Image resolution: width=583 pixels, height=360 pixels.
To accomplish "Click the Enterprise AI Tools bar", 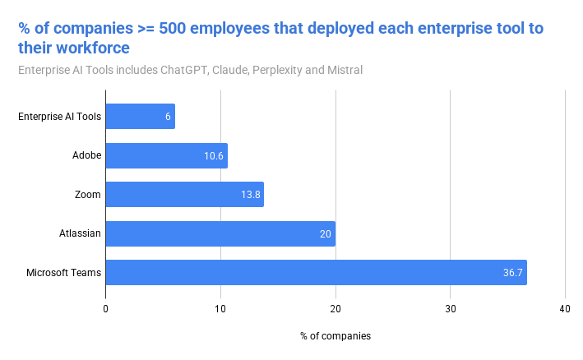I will (x=140, y=117).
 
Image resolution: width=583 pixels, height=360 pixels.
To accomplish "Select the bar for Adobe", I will (x=166, y=155).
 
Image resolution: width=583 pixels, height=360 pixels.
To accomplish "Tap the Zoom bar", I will (x=184, y=195).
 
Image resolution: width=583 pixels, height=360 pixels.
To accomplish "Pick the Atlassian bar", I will (x=220, y=233).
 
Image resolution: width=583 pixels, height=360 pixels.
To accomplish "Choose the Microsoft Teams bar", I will (x=316, y=272).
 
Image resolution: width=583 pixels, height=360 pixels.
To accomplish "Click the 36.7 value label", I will (x=514, y=272).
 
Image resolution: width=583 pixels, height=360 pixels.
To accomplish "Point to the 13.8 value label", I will (x=251, y=195).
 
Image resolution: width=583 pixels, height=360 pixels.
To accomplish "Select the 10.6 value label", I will (x=215, y=155).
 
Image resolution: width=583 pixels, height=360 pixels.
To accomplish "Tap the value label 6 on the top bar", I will (x=168, y=117).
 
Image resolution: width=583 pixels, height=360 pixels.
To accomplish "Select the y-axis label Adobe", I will (x=86, y=155).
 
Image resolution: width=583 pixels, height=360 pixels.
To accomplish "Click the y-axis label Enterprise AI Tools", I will (x=60, y=117).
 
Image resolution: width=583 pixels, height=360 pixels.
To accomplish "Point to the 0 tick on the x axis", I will (x=106, y=308).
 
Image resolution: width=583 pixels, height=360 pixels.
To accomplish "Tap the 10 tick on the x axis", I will (x=220, y=308).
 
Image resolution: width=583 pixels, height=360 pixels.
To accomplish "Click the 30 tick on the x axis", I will (x=450, y=308).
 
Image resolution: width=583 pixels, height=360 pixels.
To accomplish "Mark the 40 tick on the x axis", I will (x=565, y=308).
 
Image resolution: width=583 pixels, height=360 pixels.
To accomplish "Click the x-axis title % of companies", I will (x=335, y=336).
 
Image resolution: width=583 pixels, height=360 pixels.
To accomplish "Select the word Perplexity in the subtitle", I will (x=276, y=70).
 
